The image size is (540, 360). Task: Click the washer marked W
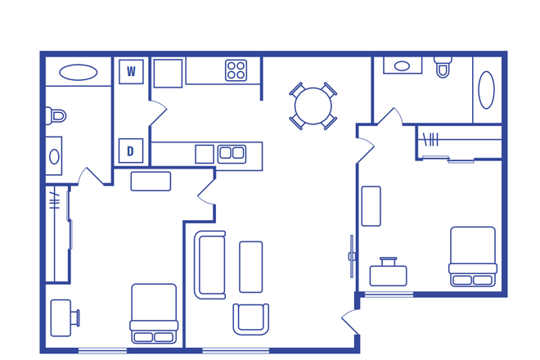131,72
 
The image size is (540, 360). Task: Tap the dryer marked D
131,151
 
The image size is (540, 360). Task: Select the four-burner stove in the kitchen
236,70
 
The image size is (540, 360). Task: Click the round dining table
313,106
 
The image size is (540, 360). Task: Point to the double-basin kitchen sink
232,153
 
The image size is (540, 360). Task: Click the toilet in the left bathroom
56,115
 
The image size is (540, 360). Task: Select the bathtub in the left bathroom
78,72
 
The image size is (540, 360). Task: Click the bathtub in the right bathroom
486,90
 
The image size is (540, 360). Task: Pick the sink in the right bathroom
403,65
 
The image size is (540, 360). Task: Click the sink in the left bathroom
54,156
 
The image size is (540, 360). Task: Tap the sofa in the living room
209,264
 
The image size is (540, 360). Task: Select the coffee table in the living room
250,267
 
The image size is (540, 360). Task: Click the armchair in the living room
250,318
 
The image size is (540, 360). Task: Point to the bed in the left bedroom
154,313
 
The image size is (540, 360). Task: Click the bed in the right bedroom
472,255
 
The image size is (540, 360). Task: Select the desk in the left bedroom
61,317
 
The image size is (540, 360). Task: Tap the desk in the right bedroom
388,274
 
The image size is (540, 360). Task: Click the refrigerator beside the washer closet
168,73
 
